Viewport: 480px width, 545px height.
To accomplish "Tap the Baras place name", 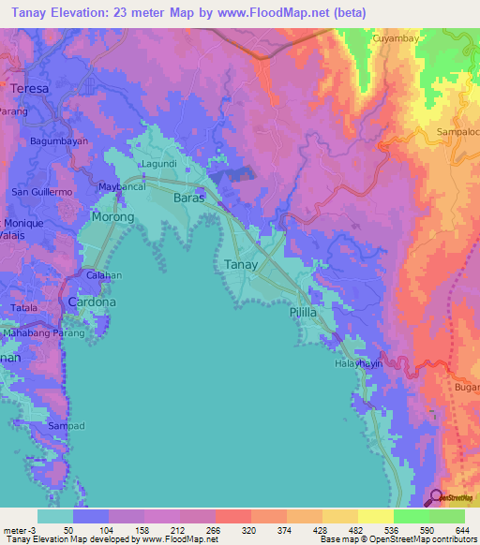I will [190, 199].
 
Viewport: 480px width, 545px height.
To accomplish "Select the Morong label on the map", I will [112, 216].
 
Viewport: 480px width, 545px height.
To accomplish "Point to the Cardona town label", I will [92, 302].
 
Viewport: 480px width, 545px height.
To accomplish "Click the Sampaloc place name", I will [457, 133].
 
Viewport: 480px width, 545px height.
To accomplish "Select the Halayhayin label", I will [360, 363].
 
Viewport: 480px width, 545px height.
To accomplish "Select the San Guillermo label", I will [41, 192].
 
